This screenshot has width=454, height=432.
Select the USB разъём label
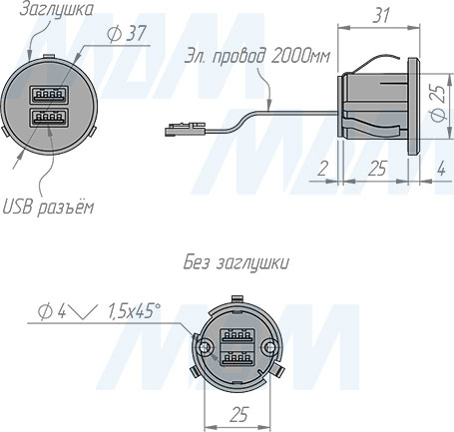coord(49,207)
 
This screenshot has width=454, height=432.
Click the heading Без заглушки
coord(236,264)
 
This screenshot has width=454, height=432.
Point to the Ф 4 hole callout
coord(52,311)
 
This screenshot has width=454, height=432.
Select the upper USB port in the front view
coord(49,96)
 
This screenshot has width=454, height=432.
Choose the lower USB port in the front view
coord(49,118)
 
